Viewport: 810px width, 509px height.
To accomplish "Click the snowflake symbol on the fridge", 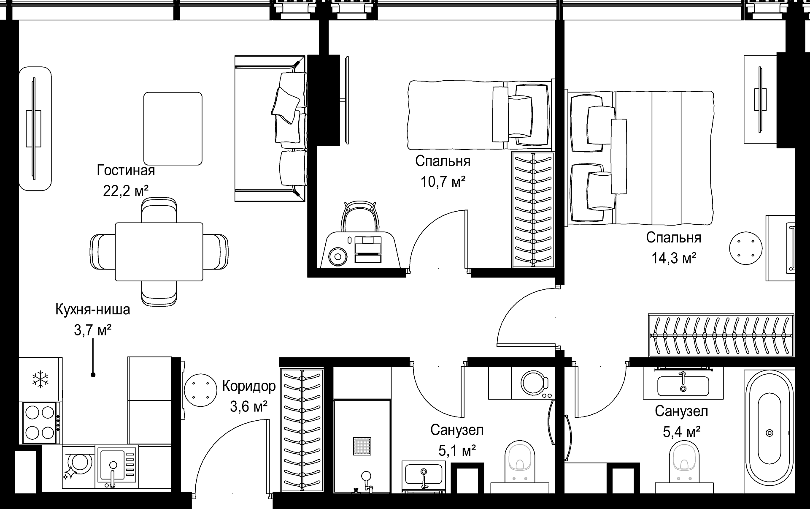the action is coord(40,379).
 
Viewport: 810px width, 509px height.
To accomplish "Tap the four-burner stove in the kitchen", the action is coord(40,422).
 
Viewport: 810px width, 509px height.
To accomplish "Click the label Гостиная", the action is coord(126,170).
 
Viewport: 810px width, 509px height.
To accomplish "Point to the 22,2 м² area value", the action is coord(126,191).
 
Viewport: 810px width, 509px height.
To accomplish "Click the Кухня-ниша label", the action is coord(93,310).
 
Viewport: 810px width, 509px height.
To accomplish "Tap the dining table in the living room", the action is coord(159,252).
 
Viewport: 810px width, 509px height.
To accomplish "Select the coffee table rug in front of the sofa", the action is coord(173,128).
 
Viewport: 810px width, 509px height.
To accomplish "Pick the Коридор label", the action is coord(249,386).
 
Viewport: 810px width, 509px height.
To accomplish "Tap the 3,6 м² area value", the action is coord(248,406).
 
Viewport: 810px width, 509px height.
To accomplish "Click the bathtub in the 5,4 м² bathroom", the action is coord(769,433).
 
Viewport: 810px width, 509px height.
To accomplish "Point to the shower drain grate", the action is coord(362,446).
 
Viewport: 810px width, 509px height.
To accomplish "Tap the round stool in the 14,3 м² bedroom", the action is coord(746,248).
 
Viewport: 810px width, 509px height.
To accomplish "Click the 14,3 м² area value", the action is coord(674,258).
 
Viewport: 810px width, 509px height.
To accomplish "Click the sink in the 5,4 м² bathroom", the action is coord(683,385).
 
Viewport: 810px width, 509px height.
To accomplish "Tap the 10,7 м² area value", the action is coord(443,182).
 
